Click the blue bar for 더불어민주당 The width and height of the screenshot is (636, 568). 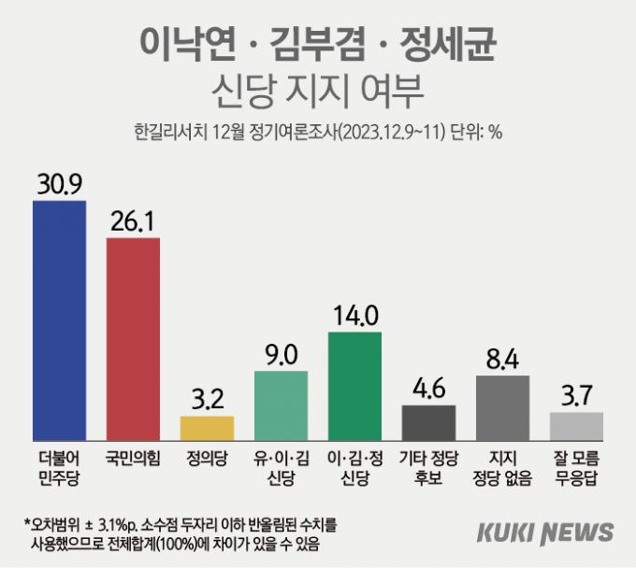pos(59,320)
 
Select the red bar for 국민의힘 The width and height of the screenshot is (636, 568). pos(133,339)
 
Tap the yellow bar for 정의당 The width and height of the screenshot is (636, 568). pos(207,428)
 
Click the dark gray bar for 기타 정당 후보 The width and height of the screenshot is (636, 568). pos(428,422)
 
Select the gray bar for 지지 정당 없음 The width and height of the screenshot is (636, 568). pos(502,407)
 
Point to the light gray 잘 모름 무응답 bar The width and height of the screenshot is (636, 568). pos(576,426)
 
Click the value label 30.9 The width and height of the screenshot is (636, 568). pos(59,183)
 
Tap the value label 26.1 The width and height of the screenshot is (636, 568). pos(133,220)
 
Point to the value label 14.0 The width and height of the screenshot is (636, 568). pos(354,315)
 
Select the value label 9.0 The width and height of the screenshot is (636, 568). pos(281,354)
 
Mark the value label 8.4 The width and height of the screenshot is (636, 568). pos(502,358)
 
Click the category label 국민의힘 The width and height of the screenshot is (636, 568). pos(133,458)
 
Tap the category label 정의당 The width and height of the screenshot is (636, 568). pos(207,458)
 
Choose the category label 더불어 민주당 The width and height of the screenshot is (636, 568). pos(59,466)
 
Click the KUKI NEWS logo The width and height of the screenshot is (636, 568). pos(545,532)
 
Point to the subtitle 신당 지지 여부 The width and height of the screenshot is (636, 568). pos(318,92)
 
